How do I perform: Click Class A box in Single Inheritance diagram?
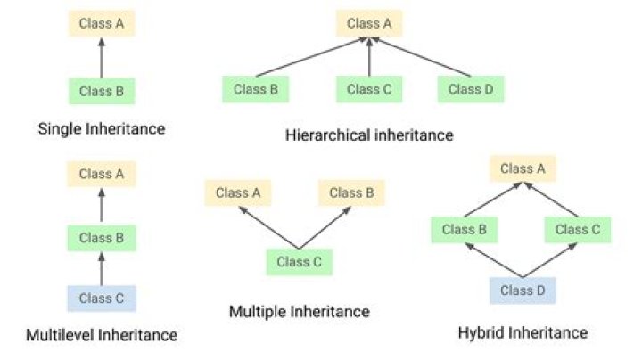[x=102, y=23]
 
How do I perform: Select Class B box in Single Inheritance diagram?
[x=102, y=90]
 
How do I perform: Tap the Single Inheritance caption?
[x=102, y=128]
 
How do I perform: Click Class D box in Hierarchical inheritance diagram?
[x=471, y=89]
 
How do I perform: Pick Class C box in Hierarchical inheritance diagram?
[x=369, y=89]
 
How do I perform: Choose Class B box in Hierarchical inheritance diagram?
[x=256, y=89]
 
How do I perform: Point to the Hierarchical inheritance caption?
[x=370, y=135]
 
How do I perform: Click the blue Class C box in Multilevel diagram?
[x=102, y=299]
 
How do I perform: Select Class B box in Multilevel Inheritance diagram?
[x=102, y=238]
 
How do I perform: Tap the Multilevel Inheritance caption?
[x=102, y=335]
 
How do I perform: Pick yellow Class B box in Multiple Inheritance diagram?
[x=351, y=192]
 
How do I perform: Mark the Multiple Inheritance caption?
[x=299, y=311]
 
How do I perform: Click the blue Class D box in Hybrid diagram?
[x=523, y=290]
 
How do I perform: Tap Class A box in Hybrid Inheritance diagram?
[x=523, y=168]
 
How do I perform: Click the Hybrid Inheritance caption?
[x=523, y=332]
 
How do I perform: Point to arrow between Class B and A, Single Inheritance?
[x=102, y=57]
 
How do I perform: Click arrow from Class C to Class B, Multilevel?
[x=102, y=268]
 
